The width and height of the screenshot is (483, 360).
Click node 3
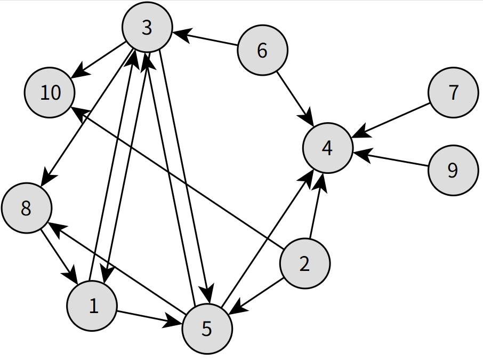(x=147, y=28)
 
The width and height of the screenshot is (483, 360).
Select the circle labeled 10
(x=51, y=93)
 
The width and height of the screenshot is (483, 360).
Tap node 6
(x=262, y=51)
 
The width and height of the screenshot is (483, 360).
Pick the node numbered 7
(x=453, y=93)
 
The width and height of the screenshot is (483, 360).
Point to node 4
(x=327, y=148)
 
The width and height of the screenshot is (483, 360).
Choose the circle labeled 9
(x=453, y=171)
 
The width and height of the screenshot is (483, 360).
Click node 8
(x=26, y=209)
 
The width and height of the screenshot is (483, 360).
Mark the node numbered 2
(x=305, y=264)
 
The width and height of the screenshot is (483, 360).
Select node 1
(x=92, y=306)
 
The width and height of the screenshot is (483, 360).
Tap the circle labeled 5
(x=207, y=329)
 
